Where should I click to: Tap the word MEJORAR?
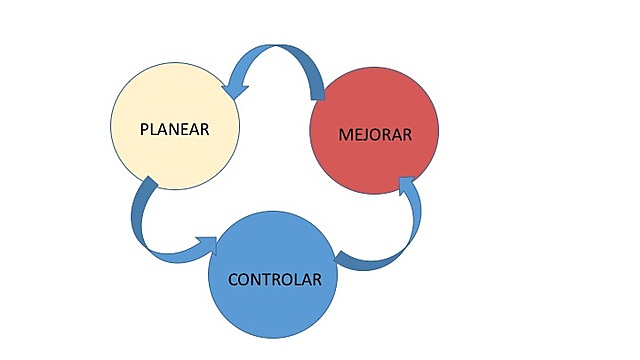pos(375,134)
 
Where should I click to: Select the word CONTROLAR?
pos(275,279)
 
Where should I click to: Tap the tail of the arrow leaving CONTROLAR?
pos(346,261)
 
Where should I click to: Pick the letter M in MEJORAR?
pos(343,134)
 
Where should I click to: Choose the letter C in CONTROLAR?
pos(233,279)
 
